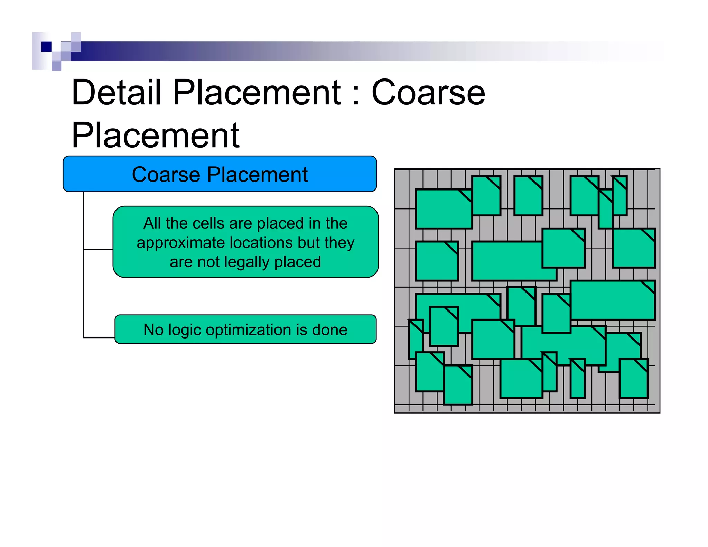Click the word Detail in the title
(x=117, y=93)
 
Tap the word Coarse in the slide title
(x=428, y=93)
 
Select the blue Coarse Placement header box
(x=220, y=174)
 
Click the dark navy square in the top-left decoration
(x=46, y=47)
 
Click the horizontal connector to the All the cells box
(x=98, y=249)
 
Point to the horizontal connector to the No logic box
(x=99, y=337)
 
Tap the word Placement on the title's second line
(x=156, y=136)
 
